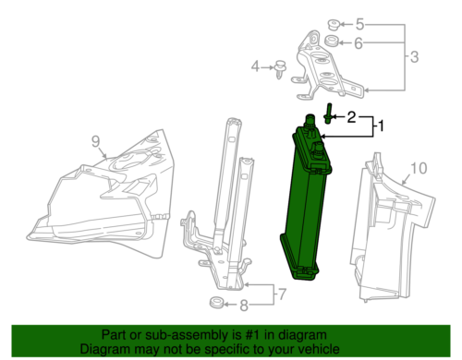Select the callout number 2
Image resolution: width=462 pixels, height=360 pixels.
tap(351, 117)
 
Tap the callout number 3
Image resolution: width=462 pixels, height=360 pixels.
tap(414, 57)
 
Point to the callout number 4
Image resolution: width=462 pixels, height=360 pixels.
tap(256, 66)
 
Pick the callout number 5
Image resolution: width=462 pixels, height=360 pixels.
tap(360, 24)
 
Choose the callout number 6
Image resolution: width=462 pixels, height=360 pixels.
tap(360, 42)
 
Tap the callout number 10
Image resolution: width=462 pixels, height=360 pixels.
tap(419, 168)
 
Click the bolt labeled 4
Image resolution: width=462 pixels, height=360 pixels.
tap(276, 66)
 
